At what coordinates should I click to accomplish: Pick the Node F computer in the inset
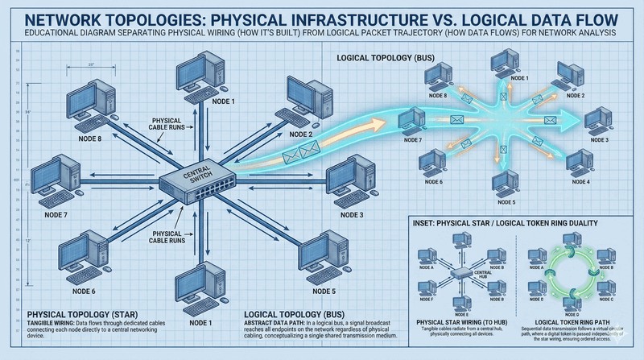pos(422,283)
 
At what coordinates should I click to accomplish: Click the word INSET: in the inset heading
pos(427,225)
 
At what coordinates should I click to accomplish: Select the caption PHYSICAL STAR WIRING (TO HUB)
pos(458,322)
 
